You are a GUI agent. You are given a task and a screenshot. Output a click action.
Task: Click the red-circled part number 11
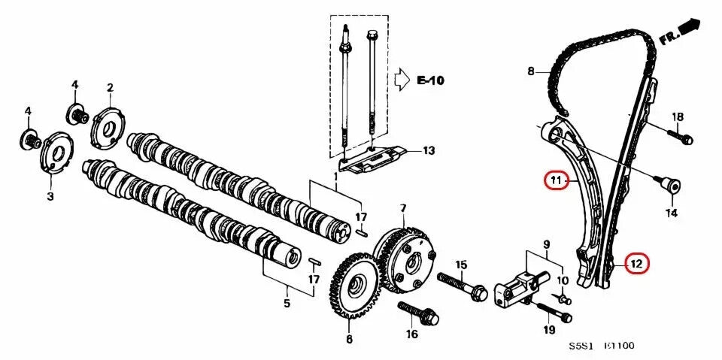click(556, 180)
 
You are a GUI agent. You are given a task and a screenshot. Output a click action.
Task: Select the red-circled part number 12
click(636, 264)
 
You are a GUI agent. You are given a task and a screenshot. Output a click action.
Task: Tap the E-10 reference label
click(430, 80)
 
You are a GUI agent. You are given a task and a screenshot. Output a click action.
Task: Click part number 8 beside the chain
click(531, 72)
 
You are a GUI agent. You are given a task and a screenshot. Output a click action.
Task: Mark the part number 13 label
click(428, 150)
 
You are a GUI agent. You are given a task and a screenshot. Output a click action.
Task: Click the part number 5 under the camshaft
click(287, 304)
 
